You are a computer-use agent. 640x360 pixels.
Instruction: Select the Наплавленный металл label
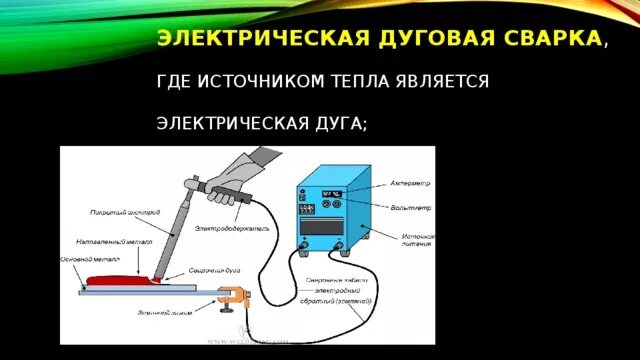click(x=99, y=241)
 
